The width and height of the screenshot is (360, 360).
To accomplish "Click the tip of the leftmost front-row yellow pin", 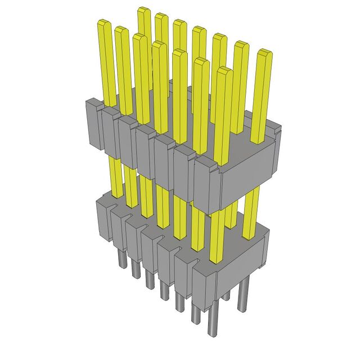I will pyautogui.click(x=103, y=23).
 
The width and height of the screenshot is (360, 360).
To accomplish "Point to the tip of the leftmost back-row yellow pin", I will pyautogui.click(x=143, y=10).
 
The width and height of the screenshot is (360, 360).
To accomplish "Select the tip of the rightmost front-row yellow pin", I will pyautogui.click(x=224, y=70).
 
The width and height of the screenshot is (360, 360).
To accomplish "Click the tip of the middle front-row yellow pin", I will pyautogui.click(x=159, y=44).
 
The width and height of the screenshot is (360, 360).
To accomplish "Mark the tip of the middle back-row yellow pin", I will pyautogui.click(x=199, y=29).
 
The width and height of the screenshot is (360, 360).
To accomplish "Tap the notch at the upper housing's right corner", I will pyautogui.click(x=276, y=132).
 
